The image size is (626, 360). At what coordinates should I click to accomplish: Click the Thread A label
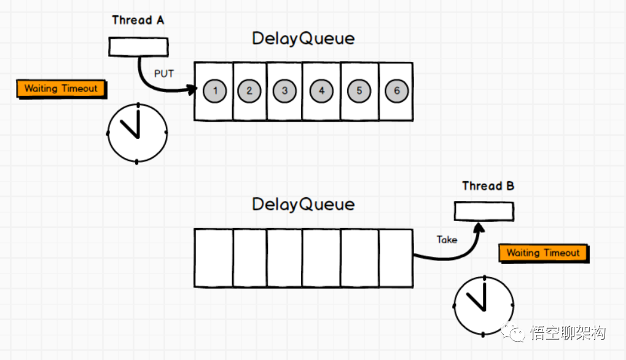[x=138, y=20]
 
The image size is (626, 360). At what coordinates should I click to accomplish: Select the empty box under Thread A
[x=138, y=46]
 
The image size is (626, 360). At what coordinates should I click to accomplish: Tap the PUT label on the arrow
[x=163, y=74]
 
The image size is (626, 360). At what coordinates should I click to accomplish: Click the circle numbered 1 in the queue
[x=214, y=91]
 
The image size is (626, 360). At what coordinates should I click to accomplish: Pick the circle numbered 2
[x=249, y=91]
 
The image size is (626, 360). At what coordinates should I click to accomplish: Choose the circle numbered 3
[x=284, y=91]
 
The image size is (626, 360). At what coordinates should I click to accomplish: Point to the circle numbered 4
[x=321, y=91]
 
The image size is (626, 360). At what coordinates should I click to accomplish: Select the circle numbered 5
[x=359, y=91]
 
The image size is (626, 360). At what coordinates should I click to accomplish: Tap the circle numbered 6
[x=396, y=91]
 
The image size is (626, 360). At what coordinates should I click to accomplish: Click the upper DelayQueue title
[x=303, y=38]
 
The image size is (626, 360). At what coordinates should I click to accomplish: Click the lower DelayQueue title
[x=303, y=204]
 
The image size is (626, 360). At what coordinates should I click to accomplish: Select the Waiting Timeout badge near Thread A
[x=61, y=88]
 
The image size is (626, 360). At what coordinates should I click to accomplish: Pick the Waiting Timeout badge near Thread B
[x=543, y=253]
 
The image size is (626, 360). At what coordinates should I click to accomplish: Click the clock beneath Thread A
[x=137, y=133]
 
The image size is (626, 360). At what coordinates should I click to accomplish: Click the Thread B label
[x=488, y=186]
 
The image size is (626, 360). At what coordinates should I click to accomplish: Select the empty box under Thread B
[x=483, y=212]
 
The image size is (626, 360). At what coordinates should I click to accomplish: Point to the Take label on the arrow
[x=447, y=240]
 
